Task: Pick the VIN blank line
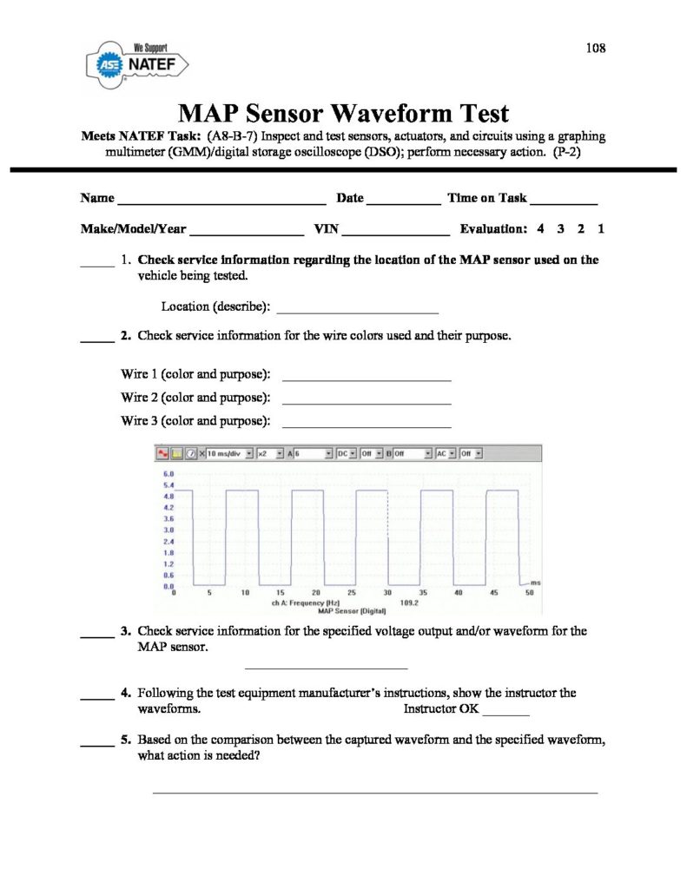[395, 234]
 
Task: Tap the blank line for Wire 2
[367, 403]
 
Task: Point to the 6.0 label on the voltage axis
[169, 473]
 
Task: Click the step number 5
[126, 740]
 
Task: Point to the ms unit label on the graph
[536, 582]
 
